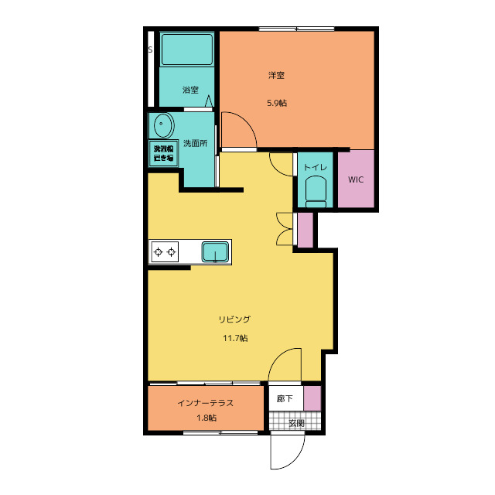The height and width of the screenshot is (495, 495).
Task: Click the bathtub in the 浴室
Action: pos(187,49)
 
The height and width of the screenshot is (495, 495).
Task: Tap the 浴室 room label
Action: pos(190,90)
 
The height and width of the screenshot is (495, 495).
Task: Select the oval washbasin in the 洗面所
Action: pos(164,125)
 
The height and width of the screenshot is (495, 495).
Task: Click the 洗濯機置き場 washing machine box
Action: pos(163,153)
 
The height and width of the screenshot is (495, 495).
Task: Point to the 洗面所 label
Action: pos(196,143)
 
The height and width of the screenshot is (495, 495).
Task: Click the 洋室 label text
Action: pos(276,76)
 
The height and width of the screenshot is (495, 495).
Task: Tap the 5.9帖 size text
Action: pos(277,103)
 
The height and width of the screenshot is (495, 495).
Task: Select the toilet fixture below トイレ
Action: pos(316,192)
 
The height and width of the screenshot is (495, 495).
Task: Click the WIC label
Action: pos(356,179)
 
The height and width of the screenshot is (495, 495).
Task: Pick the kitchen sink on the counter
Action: pos(215,252)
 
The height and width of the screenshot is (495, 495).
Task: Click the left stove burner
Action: pos(158,252)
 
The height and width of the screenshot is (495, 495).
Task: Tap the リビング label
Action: pos(234,319)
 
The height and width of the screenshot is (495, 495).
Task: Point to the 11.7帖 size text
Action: pos(235,338)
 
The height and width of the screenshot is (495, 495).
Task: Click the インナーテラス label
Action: pos(205,403)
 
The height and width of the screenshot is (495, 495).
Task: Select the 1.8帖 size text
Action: pos(207,418)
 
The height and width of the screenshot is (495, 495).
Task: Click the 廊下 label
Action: pos(285,399)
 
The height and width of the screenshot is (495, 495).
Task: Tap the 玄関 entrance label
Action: pos(296,423)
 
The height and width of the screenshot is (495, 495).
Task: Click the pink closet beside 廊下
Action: pos(312,398)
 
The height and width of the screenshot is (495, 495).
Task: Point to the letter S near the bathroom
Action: pos(150,49)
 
